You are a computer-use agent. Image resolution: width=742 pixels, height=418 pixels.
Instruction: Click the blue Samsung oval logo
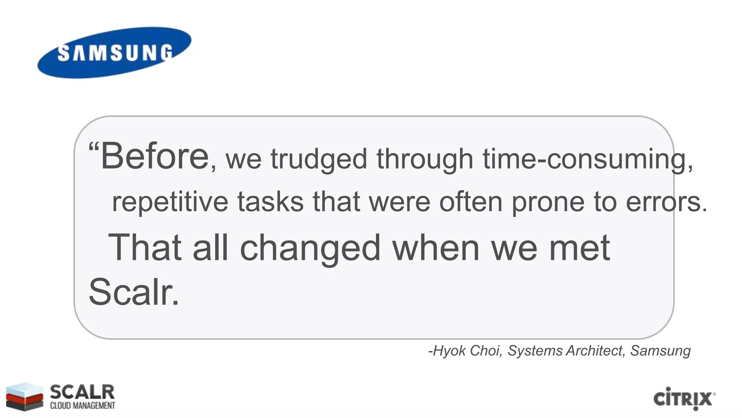(x=114, y=53)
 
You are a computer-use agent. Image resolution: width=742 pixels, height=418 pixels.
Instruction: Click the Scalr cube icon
(x=24, y=396)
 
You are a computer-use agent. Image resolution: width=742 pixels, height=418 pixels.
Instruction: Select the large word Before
(x=155, y=156)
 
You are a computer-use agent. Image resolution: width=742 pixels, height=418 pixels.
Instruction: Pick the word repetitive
(x=170, y=202)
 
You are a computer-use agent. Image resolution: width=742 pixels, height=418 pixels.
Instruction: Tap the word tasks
(x=270, y=202)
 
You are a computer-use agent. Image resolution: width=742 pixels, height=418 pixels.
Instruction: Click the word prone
(x=548, y=202)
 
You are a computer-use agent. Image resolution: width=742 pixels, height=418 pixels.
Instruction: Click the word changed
(x=310, y=248)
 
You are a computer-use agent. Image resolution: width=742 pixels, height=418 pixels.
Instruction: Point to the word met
(x=579, y=248)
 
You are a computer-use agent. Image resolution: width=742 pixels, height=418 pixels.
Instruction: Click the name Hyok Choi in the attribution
(x=467, y=351)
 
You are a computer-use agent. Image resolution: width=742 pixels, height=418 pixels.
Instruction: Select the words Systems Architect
(x=565, y=351)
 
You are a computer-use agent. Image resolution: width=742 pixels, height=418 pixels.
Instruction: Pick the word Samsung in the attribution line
(x=660, y=351)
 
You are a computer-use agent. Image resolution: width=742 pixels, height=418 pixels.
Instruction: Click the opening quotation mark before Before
(x=93, y=147)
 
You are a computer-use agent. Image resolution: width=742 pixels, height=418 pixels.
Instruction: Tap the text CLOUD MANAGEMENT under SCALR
(x=83, y=406)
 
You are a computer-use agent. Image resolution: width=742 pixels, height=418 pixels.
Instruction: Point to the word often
(x=471, y=202)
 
